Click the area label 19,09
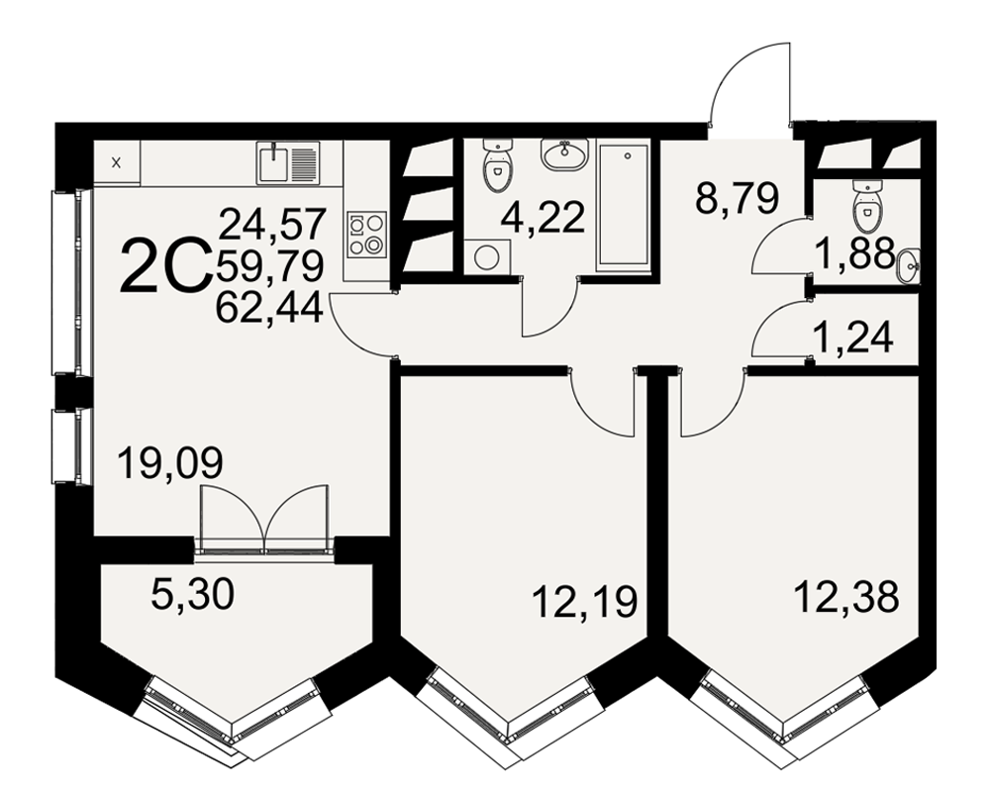(x=170, y=463)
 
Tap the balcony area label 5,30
(x=193, y=594)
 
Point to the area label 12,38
(x=846, y=596)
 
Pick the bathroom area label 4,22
(x=543, y=219)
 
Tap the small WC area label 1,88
(x=855, y=252)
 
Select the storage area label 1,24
(x=852, y=338)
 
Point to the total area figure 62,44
(x=269, y=308)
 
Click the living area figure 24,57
(x=273, y=225)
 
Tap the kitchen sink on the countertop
(x=288, y=162)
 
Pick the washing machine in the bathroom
(x=487, y=257)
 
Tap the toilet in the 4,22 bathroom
(x=497, y=165)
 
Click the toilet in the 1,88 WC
(x=865, y=207)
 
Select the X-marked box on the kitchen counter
(x=117, y=163)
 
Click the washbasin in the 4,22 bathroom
(x=564, y=154)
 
